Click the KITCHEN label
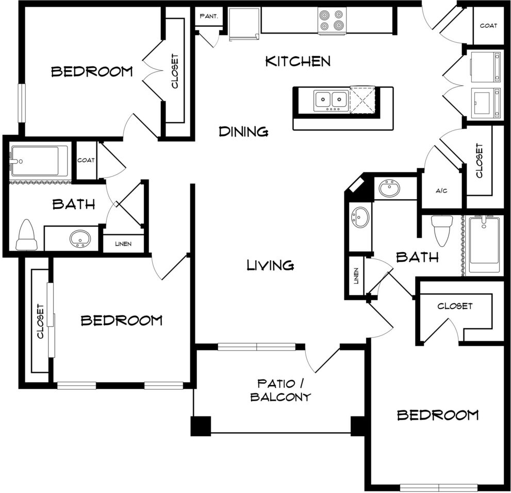[298, 61]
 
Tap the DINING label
[243, 132]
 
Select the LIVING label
[271, 265]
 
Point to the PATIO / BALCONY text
[281, 390]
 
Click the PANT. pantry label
[209, 15]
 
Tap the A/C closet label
[441, 190]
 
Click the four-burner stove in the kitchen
[332, 20]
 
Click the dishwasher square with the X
[362, 100]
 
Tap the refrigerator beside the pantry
[244, 24]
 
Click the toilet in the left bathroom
[27, 235]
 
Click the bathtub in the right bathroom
[485, 245]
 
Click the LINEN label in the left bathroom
[123, 244]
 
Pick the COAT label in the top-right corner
[488, 25]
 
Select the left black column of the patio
[201, 426]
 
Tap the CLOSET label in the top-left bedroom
[175, 71]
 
